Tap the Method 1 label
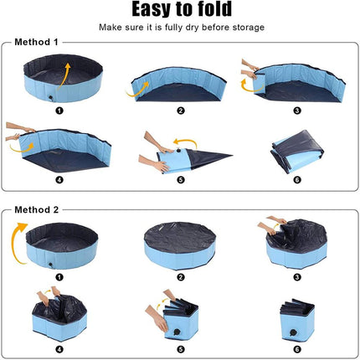[x=35, y=42]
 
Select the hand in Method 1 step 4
[x=15, y=131]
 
